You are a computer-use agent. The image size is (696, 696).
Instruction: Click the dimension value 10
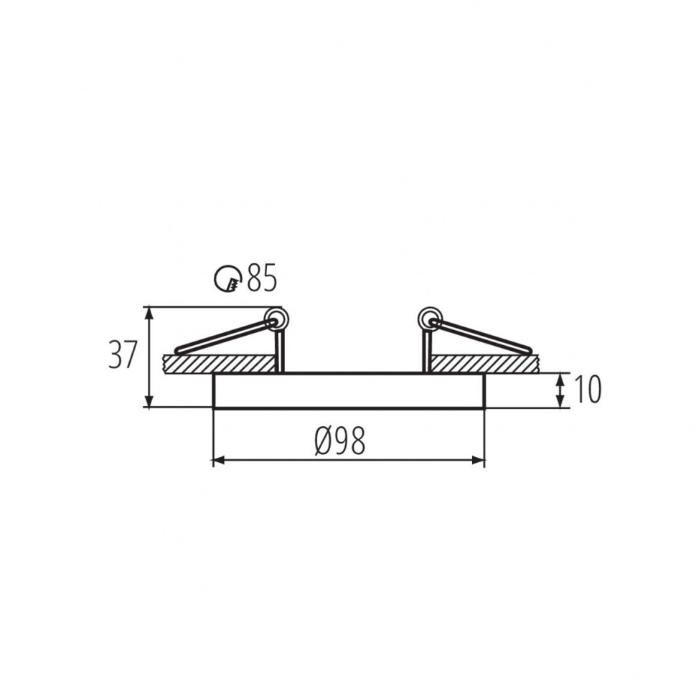pos(586,390)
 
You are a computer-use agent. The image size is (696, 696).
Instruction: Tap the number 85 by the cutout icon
pos(261,278)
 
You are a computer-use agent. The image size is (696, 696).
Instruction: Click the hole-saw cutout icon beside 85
pos(228,278)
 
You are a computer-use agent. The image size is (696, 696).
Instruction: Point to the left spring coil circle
pos(275,318)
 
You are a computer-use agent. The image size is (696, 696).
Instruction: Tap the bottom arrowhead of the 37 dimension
pos(149,401)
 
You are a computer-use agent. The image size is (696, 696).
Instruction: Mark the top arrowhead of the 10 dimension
pos(560,378)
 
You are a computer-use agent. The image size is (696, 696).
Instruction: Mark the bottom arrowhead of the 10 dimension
pos(560,402)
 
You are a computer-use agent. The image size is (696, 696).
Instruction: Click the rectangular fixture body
pos(349,390)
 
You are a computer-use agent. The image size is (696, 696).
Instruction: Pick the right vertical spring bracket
pos(426,352)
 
